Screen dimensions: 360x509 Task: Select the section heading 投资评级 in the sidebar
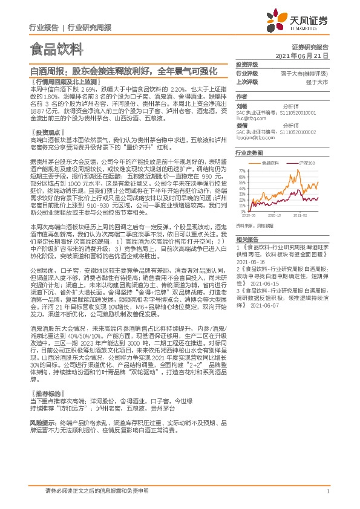pyautogui.click(x=247, y=64)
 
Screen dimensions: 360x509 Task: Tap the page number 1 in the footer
pyautogui.click(x=327, y=491)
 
